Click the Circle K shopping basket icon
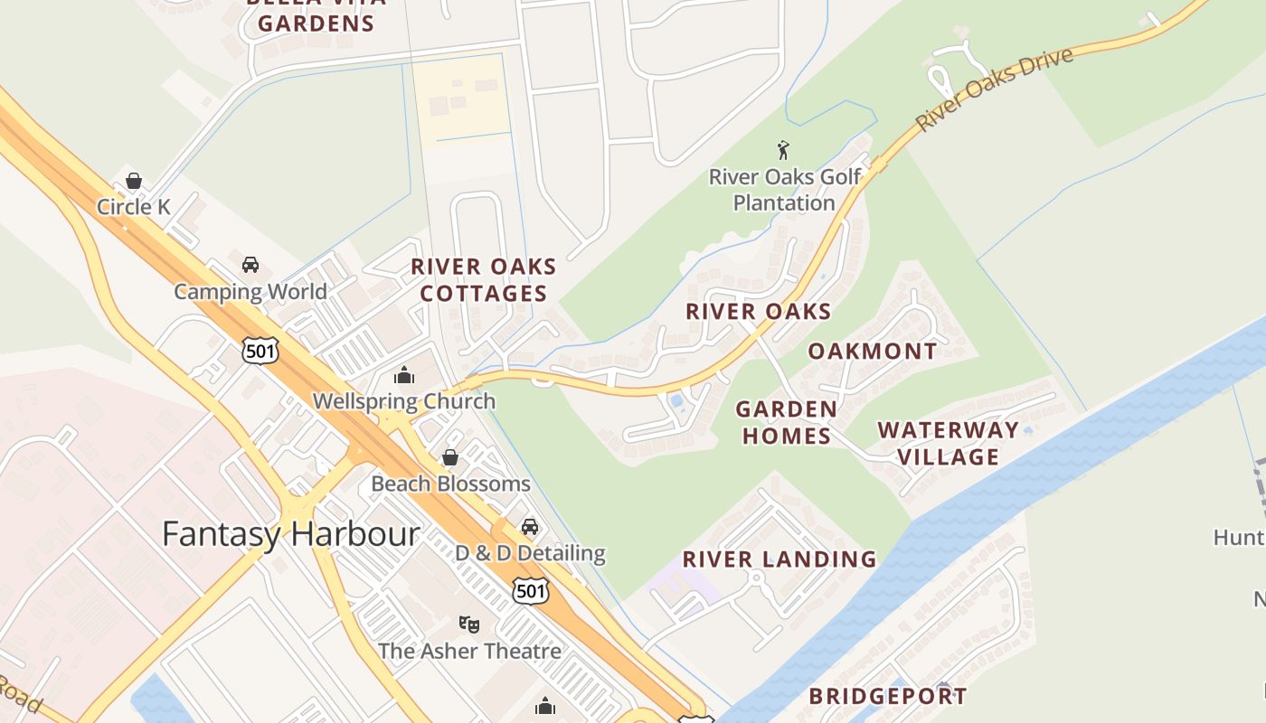(134, 181)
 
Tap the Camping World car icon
(250, 265)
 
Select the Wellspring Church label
(403, 401)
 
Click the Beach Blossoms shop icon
(449, 458)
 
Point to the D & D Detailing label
(530, 553)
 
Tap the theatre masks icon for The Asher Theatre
(468, 624)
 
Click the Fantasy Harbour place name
(290, 534)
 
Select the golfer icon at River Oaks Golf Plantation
(783, 150)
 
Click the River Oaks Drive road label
(994, 89)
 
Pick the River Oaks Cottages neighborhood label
(484, 280)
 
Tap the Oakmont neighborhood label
(872, 352)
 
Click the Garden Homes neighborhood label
(786, 423)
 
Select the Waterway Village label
(948, 443)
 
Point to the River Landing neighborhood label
(779, 559)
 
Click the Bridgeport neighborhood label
(887, 697)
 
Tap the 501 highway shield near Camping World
(260, 351)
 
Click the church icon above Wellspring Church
(403, 374)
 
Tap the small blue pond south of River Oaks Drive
(676, 400)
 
